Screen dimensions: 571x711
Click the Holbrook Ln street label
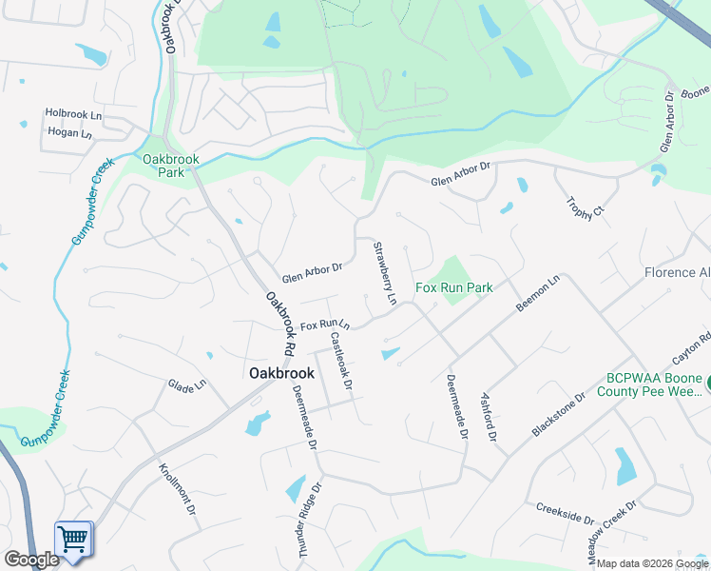[73, 113]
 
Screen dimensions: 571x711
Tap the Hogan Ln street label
[69, 133]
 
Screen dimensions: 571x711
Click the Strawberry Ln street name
[384, 273]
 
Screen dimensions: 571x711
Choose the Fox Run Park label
[454, 287]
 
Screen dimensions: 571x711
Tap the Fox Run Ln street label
[325, 325]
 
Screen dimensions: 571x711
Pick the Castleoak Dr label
[341, 362]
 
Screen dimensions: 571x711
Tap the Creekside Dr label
[564, 514]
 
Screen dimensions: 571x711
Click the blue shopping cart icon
[73, 539]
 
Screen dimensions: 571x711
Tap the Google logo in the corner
[31, 560]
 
